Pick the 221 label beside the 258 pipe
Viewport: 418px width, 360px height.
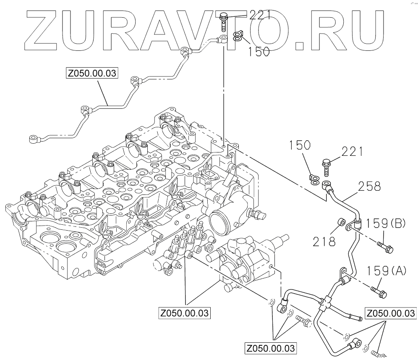(x=352, y=151)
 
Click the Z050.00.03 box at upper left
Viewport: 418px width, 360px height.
(x=91, y=74)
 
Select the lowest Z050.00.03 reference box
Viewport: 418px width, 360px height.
(x=271, y=348)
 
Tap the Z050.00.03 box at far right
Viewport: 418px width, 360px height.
(x=391, y=313)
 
